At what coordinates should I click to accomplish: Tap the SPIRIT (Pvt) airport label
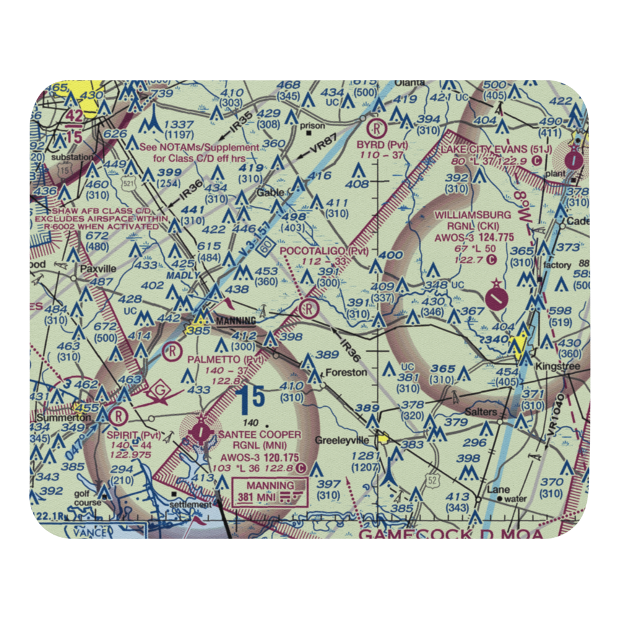click(132, 435)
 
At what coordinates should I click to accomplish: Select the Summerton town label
click(55, 417)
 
